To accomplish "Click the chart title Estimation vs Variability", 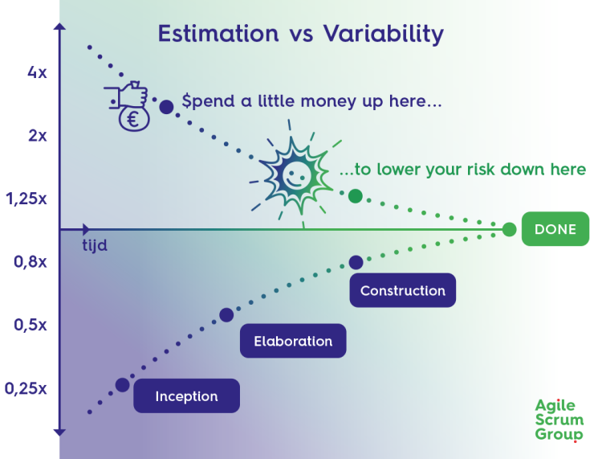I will point(300,34).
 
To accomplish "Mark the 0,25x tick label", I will point(26,388).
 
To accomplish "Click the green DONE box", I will point(555,229).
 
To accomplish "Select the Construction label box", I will point(402,290).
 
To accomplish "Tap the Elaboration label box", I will point(293,341).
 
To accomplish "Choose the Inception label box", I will point(186,395).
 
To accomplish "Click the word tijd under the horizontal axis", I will point(95,244).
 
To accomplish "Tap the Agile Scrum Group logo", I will point(559,420).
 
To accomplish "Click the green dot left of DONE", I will point(509,229).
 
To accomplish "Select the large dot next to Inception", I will point(122,385).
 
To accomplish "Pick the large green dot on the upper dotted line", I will point(355,195).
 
